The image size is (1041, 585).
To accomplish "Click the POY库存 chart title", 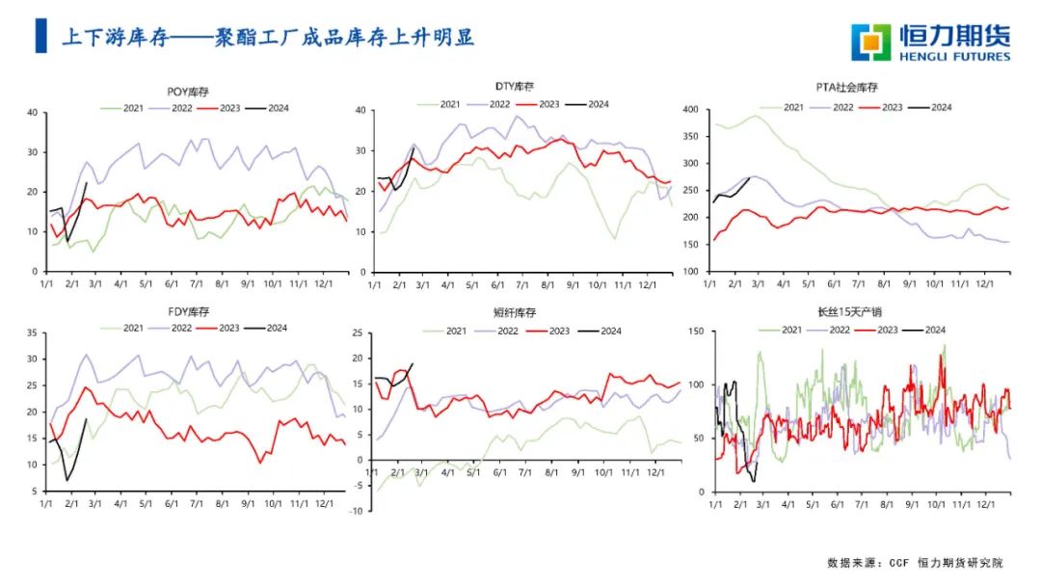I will tap(194, 92).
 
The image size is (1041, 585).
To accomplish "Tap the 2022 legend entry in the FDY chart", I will tap(168, 329).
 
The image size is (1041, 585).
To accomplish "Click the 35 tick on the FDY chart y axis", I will tap(30, 333).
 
